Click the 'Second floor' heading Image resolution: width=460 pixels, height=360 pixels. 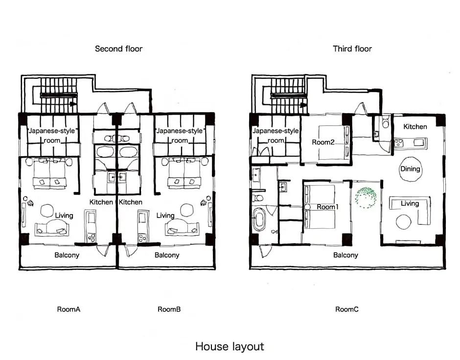118,49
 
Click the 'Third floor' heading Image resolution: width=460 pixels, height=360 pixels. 352,49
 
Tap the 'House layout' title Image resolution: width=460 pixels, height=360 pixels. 230,346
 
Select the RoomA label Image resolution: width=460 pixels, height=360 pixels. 69,309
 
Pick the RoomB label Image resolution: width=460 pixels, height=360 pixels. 169,309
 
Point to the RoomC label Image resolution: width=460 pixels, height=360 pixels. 347,309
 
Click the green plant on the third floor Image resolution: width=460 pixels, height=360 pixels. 366,197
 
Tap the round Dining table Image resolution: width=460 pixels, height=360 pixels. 411,169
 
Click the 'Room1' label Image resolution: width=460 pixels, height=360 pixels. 327,207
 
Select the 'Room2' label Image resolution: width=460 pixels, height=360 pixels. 323,143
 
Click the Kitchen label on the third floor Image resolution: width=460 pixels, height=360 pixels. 415,126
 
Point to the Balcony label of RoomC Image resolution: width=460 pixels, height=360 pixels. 345,255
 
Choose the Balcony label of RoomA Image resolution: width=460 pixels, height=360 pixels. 67,255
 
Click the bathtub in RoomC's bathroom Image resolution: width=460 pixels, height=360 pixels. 259,219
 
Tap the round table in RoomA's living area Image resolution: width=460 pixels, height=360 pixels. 47,211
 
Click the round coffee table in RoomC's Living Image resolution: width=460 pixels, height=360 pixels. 403,222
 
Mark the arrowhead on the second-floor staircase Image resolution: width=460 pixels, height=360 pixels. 73,104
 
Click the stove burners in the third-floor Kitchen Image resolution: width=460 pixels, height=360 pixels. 399,143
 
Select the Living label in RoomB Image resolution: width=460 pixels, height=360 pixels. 165,216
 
